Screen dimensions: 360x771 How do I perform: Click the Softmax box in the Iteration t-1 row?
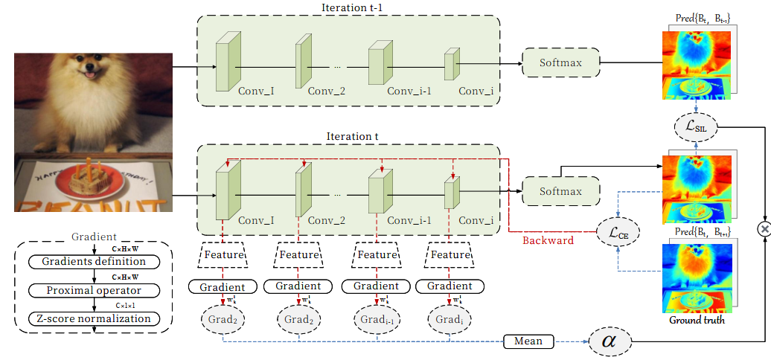coord(561,63)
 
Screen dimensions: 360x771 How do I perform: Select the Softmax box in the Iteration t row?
coord(561,191)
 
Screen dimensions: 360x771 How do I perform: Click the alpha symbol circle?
coord(609,341)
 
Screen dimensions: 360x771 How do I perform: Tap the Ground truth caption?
coord(697,321)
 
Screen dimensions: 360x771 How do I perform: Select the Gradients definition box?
coord(93,262)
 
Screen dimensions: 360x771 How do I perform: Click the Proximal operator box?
coord(93,290)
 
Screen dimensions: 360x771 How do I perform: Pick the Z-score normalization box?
coord(94,319)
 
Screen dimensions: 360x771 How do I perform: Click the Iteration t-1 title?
coord(348,7)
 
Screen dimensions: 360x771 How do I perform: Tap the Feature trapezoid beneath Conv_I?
coord(223,254)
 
